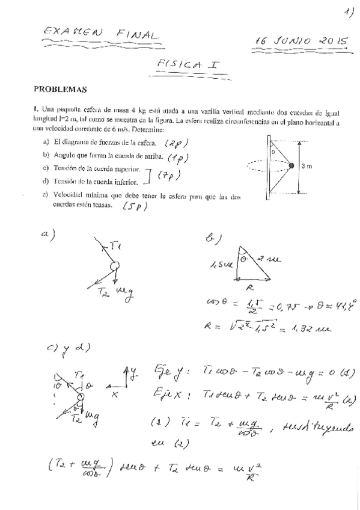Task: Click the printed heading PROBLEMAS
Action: pyautogui.click(x=60, y=90)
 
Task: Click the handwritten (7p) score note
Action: pyautogui.click(x=170, y=175)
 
